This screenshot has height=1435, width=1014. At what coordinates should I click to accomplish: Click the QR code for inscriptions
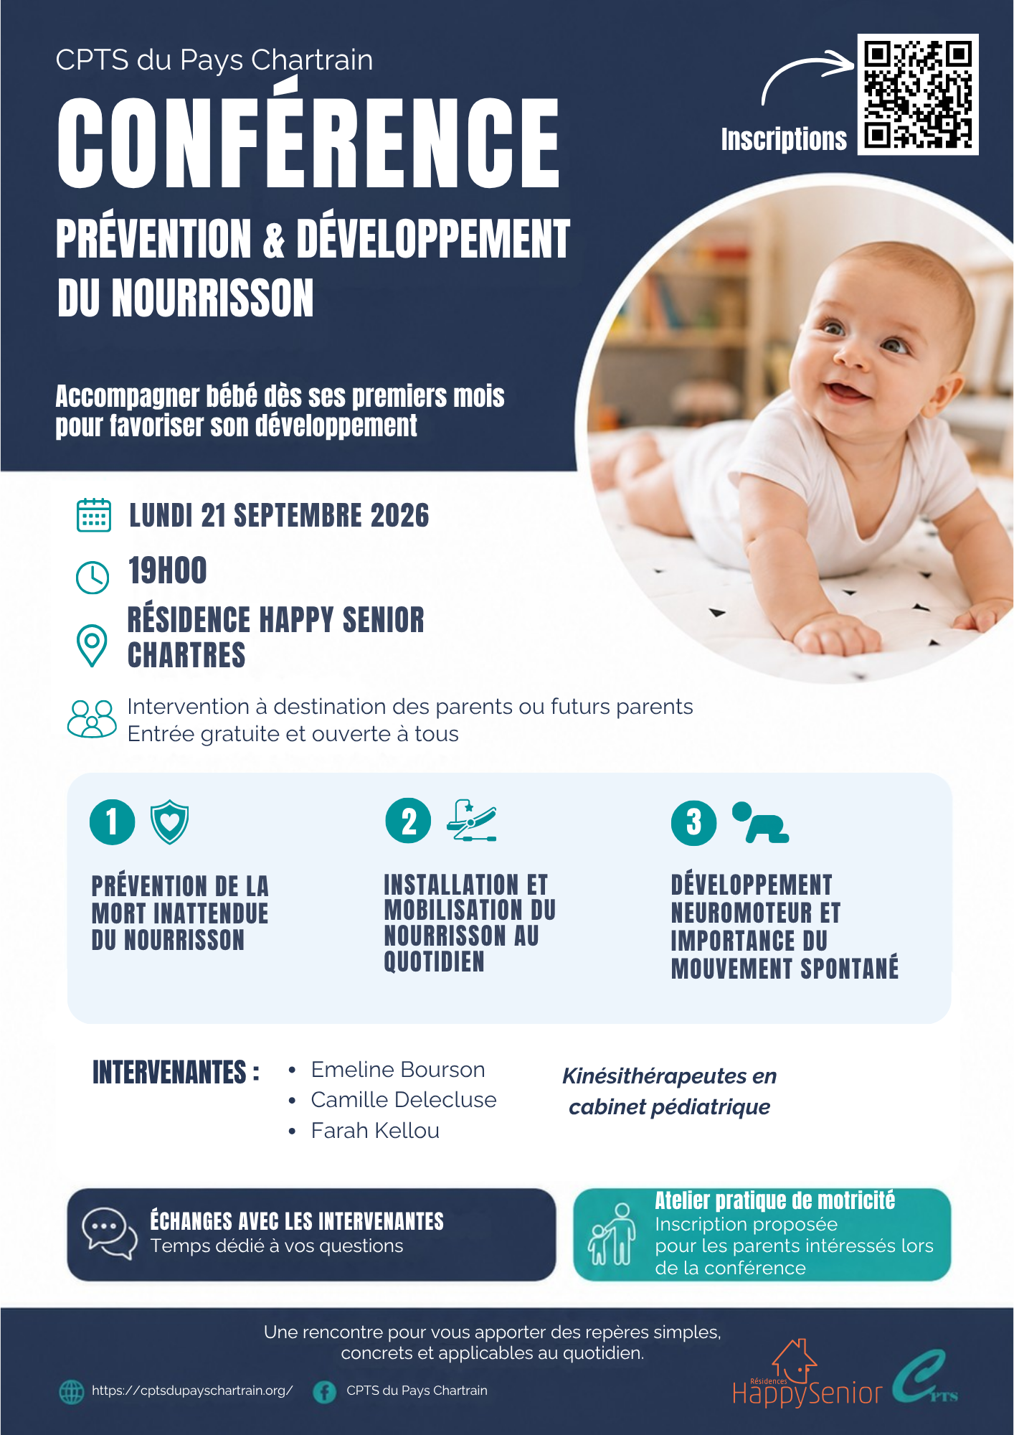(x=918, y=94)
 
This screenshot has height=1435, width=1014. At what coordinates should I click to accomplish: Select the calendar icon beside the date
(x=93, y=515)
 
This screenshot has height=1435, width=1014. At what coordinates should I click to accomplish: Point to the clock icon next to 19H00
(x=93, y=577)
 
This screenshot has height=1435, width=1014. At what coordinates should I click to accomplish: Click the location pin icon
(x=92, y=645)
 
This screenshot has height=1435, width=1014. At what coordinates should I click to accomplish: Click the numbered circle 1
(x=112, y=822)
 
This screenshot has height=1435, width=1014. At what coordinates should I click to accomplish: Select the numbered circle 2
(x=408, y=821)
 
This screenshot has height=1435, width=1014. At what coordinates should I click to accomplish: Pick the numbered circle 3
(x=693, y=822)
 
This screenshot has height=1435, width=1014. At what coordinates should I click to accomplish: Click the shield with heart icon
(x=169, y=822)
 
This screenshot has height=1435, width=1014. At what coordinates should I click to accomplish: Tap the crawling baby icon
(x=760, y=822)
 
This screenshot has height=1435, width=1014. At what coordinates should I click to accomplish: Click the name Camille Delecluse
(x=404, y=1100)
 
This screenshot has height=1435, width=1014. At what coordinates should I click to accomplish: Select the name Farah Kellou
(x=375, y=1131)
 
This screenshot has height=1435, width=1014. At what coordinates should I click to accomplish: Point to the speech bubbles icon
(x=109, y=1233)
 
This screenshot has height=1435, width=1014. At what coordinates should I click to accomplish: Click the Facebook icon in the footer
(x=325, y=1392)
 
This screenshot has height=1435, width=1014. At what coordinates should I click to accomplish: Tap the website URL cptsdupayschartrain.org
(x=192, y=1391)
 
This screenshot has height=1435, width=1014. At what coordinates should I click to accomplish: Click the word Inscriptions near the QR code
(x=784, y=139)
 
